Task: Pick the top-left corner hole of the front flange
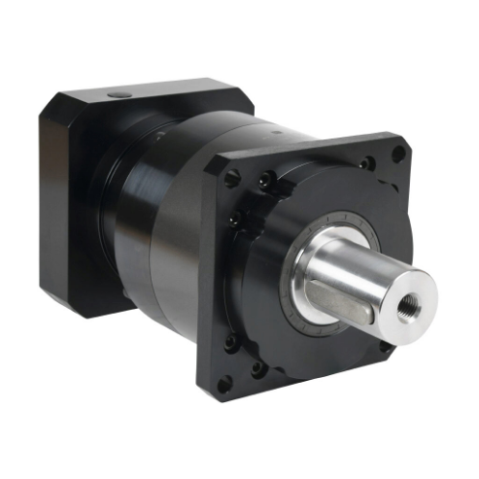coord(231,179)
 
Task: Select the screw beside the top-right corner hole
coord(366,163)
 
